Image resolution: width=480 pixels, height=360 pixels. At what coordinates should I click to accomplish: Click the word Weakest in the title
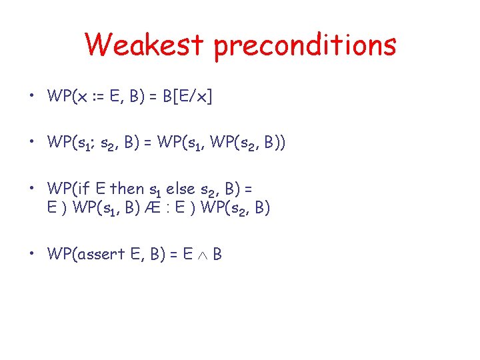(x=144, y=45)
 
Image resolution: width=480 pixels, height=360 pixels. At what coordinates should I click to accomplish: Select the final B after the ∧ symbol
(x=217, y=254)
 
